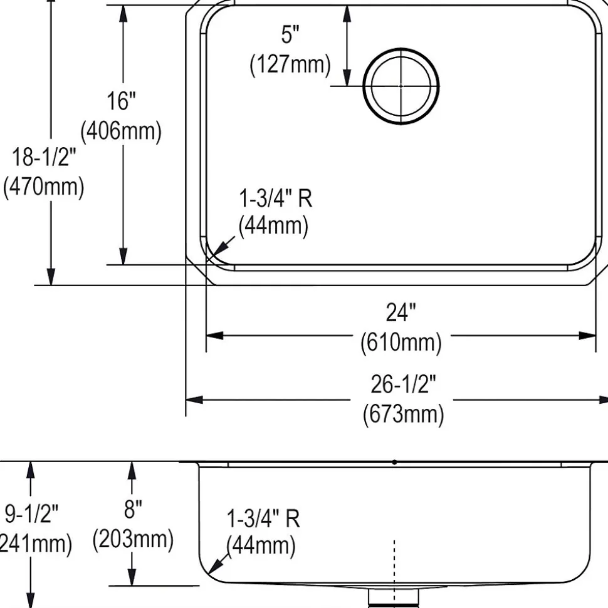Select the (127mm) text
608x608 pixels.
coord(290,64)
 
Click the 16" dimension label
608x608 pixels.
coord(121,101)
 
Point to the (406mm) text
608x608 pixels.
coord(121,131)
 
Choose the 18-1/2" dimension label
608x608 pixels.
coord(44,157)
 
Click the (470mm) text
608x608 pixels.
coord(43,187)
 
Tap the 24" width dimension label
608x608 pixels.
coord(401,312)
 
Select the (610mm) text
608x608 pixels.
coord(401,343)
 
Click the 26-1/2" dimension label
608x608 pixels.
coord(403,384)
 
